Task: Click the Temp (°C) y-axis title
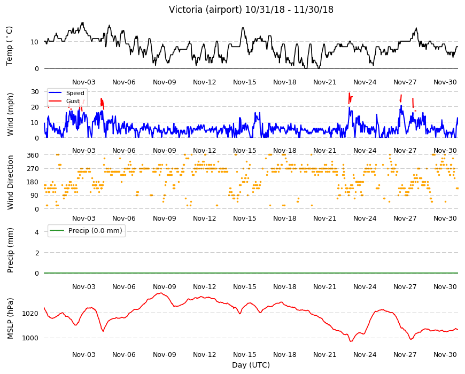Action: pos(10,46)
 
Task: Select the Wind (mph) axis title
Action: pos(10,114)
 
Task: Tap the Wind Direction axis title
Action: pos(10,182)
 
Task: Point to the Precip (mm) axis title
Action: pos(10,251)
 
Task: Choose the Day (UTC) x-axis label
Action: pos(251,365)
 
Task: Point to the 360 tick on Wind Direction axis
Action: pos(33,155)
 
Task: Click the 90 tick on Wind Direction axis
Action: pos(35,196)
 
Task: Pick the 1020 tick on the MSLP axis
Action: pos(30,313)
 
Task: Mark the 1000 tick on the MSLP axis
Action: pos(30,338)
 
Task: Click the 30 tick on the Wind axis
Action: pos(35,92)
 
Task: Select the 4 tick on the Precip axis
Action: pos(37,232)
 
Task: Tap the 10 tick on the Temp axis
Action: pos(35,42)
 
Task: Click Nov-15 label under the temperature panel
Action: pos(245,82)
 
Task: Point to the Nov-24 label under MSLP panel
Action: pos(365,354)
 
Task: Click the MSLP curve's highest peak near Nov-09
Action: pos(161,293)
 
